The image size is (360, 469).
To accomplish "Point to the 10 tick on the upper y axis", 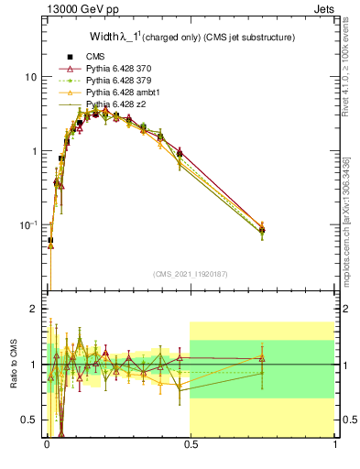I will tap(30, 77).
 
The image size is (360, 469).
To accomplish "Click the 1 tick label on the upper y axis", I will tap(33, 151).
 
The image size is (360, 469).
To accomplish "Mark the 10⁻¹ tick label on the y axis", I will tap(27, 224).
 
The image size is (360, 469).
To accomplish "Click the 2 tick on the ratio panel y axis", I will tap(33, 309).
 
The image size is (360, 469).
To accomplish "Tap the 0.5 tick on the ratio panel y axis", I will tap(29, 420).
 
